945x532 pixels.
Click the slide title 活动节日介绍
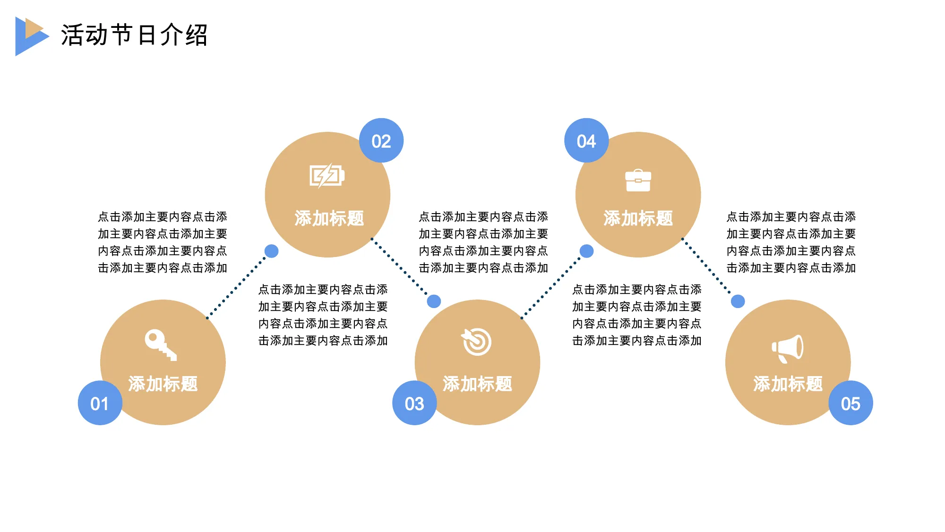(134, 35)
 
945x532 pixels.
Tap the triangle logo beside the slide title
(31, 36)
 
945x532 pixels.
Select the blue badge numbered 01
(100, 403)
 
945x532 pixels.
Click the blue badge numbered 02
(381, 140)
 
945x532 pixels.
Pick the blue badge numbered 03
(414, 403)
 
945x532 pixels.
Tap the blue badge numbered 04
(586, 140)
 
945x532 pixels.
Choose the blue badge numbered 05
(850, 403)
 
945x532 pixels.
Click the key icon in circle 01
(161, 345)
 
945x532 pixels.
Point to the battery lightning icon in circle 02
(327, 176)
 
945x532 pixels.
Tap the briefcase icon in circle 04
(638, 180)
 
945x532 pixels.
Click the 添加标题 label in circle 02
(329, 218)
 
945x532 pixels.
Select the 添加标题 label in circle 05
(788, 384)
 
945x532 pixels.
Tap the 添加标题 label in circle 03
(477, 384)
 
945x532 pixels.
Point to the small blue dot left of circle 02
(271, 251)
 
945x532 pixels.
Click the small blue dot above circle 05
(738, 301)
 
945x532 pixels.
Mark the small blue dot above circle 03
(434, 301)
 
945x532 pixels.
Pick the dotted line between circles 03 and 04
(551, 287)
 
